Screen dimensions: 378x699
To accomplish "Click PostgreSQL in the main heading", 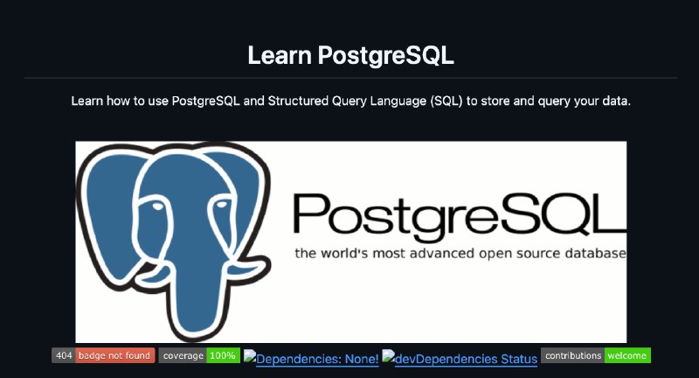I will (385, 55).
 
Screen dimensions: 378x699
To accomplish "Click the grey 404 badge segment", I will (63, 355).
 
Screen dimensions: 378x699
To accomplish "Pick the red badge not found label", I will (114, 355).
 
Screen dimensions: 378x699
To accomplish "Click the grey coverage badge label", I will (183, 355).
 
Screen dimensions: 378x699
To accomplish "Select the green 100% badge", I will (223, 355).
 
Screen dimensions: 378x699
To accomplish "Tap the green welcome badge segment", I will (627, 355).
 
